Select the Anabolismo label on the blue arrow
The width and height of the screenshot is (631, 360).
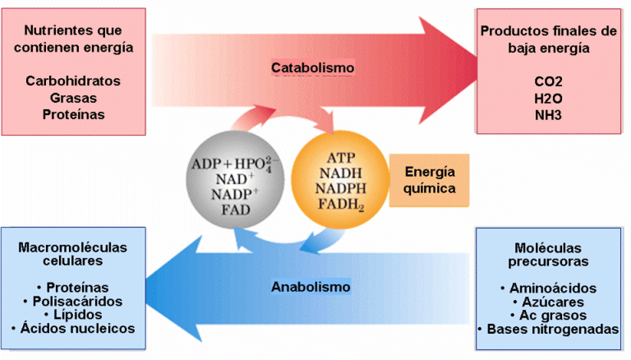point(311,287)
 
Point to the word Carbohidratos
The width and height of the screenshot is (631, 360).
point(73,81)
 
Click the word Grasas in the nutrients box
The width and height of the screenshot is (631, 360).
point(73,98)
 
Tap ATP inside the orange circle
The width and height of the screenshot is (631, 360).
point(340,157)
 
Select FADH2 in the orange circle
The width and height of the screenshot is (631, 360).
point(340,206)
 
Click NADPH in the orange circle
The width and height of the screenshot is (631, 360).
point(340,190)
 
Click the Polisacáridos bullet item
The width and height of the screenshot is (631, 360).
point(74,301)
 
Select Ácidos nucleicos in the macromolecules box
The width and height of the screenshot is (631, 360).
point(74,329)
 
